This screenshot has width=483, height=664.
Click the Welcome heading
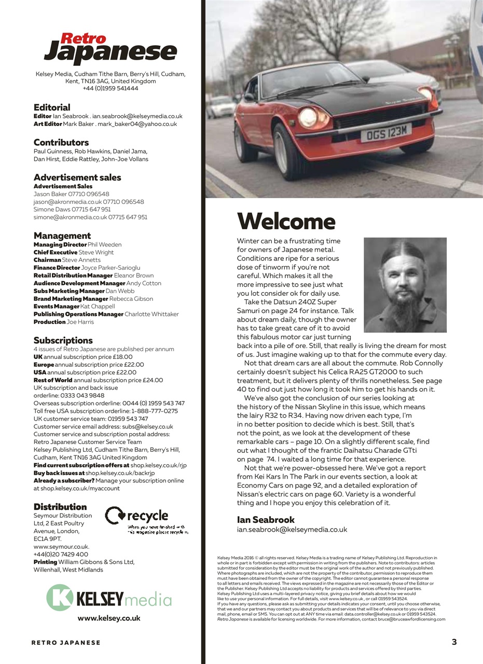286,222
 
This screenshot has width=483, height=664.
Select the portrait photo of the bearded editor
405,285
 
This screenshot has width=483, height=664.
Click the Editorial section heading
52,107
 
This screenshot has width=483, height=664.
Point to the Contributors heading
61,142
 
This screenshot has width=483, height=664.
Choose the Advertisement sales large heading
77,177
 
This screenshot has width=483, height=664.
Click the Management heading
62,236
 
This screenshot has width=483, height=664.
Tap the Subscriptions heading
63,340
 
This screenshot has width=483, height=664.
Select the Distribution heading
60,507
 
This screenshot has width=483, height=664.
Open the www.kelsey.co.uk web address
109,618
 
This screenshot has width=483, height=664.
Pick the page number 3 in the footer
454,642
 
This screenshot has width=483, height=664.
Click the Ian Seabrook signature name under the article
266,519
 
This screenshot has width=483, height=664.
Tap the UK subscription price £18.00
119,357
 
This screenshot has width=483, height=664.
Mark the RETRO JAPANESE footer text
66,643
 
